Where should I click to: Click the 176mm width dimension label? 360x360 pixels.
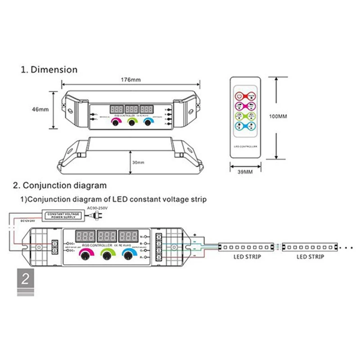tap(131, 80)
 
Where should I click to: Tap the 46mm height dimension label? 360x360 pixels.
tap(41, 109)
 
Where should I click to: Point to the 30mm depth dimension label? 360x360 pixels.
tap(139, 162)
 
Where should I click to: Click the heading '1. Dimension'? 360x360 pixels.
tap(49, 70)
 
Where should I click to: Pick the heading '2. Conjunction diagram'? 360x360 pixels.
tap(60, 185)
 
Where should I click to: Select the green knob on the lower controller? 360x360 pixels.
tap(108, 256)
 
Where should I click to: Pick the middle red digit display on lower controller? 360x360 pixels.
tap(107, 235)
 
